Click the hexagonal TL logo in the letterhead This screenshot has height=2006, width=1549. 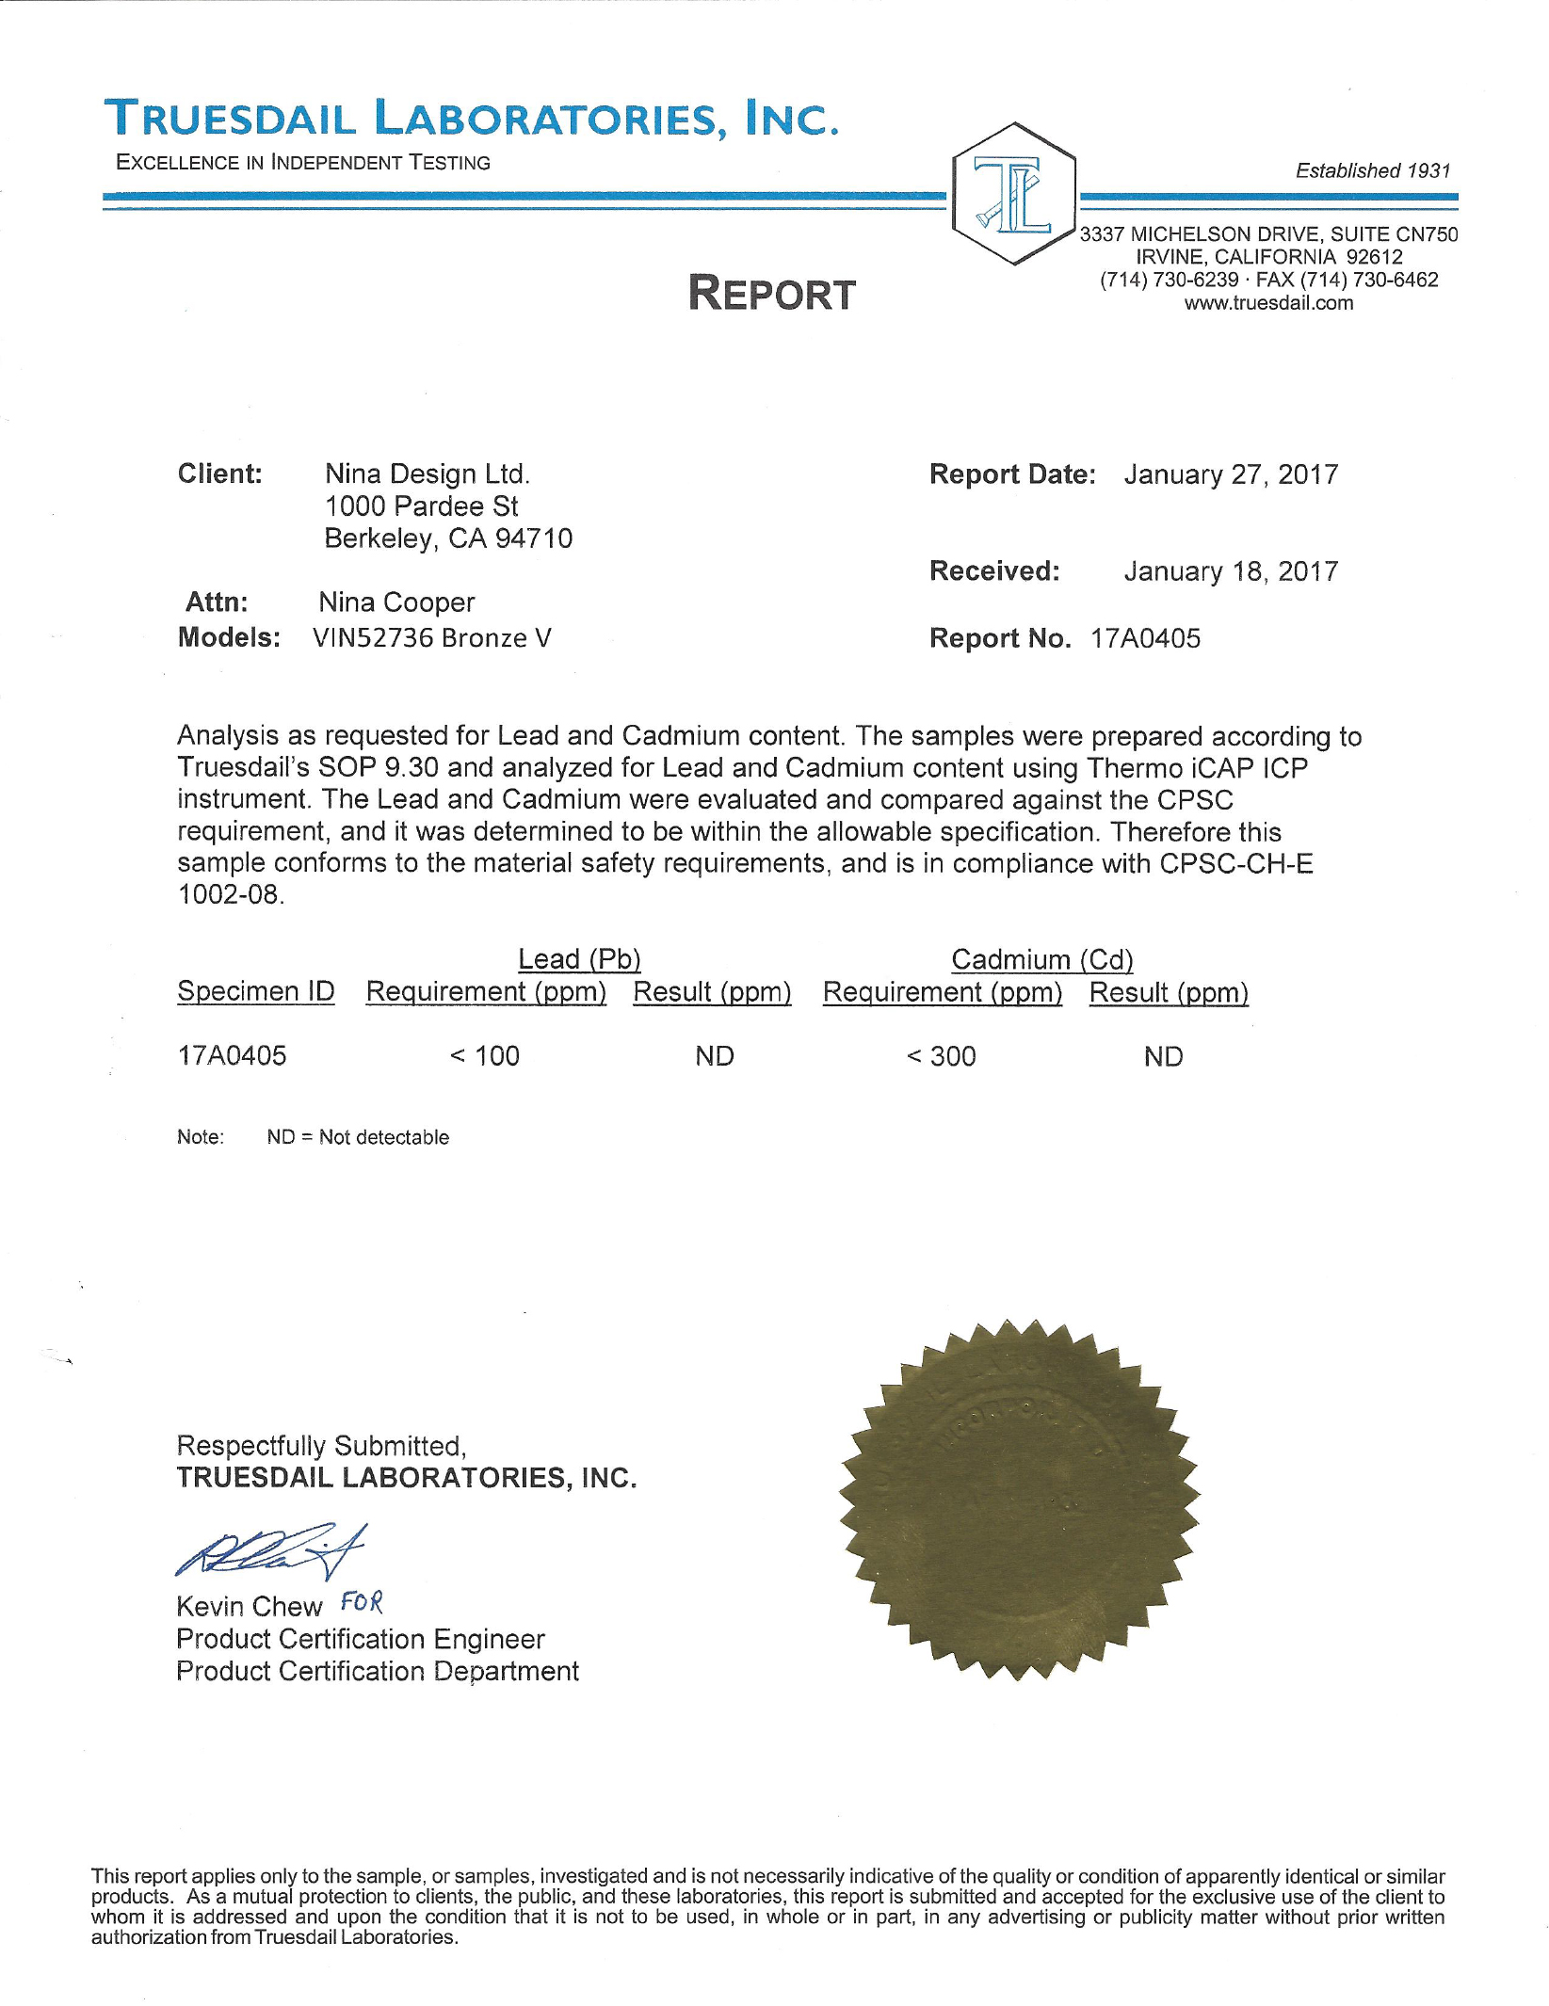coord(1013,194)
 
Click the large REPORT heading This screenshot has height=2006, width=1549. coord(771,295)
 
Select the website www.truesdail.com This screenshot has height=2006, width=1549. coord(1268,303)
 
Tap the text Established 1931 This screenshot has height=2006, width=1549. coord(1372,170)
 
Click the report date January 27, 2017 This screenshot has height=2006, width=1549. coord(1231,474)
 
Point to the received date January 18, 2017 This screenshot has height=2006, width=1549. coord(1231,571)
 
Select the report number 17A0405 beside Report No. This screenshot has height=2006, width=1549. coord(1145,638)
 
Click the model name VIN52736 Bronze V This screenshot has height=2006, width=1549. coord(431,638)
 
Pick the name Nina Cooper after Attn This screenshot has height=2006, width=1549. coord(396,602)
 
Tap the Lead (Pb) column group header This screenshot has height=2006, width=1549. coord(579,959)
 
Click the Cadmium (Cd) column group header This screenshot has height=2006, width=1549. coord(1041,959)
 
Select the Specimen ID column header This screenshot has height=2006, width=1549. coord(256,991)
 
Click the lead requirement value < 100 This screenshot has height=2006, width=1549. coord(484,1056)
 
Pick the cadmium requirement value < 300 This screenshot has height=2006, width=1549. coord(941,1056)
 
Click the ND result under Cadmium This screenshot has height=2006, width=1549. coord(1163,1057)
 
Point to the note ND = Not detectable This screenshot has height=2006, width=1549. coord(358,1137)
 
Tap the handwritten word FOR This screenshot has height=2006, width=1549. coord(362,1601)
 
